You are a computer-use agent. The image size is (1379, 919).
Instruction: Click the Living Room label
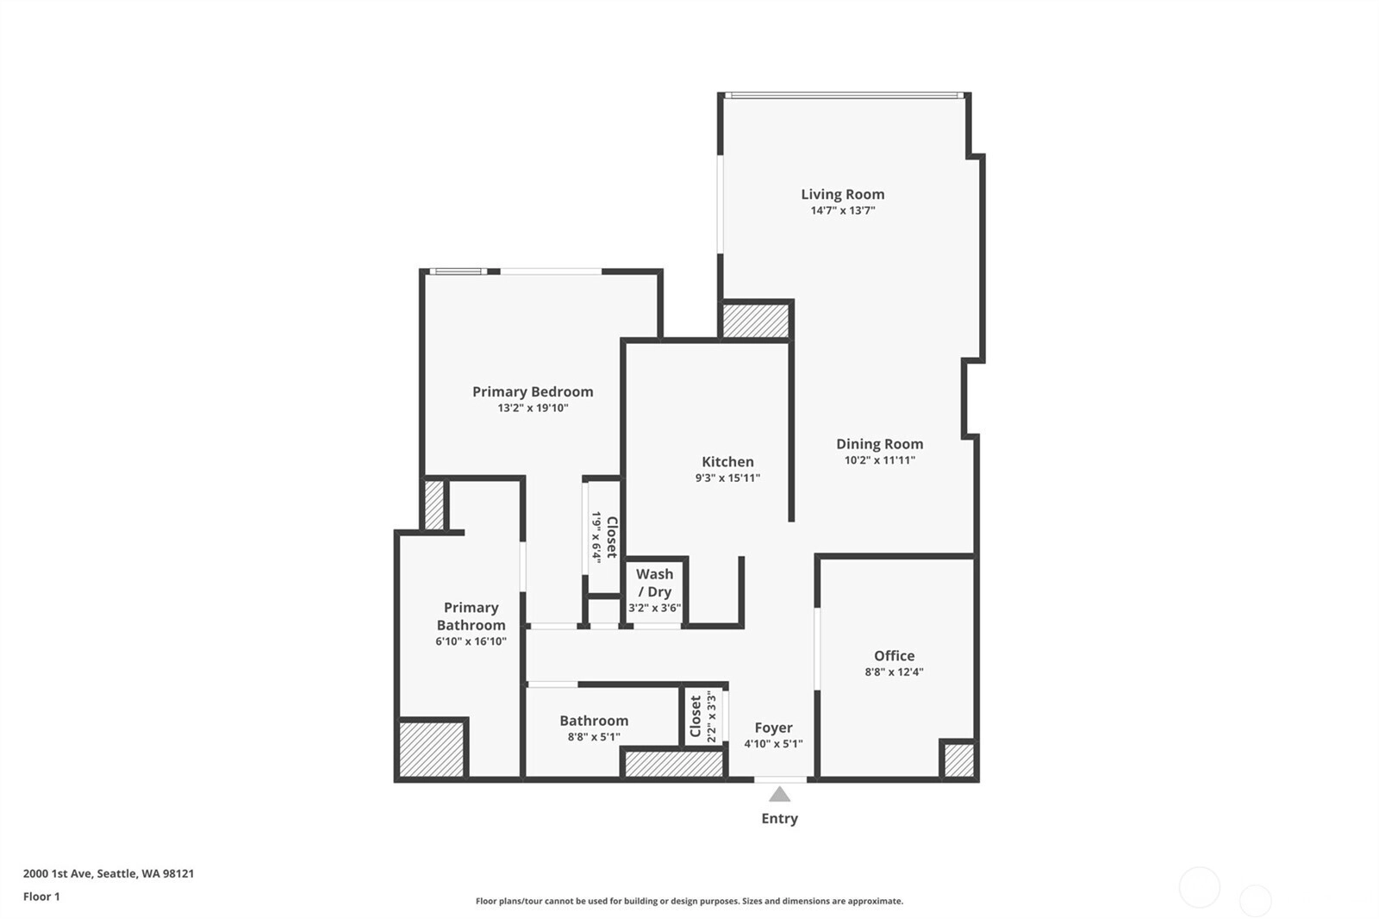pos(842,194)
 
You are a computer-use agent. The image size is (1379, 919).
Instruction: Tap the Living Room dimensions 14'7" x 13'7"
pos(842,210)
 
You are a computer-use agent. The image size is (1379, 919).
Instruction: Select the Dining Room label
pos(879,444)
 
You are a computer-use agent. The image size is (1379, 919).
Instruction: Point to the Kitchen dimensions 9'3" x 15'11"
pos(727,478)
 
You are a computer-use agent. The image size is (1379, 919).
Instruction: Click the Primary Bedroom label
pos(533,391)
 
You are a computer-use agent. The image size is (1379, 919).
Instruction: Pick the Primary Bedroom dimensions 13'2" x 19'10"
pos(533,408)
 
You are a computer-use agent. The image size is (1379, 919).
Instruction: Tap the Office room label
pos(894,655)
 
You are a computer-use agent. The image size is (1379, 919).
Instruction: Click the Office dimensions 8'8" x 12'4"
pos(894,672)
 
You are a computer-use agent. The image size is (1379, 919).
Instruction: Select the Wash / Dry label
pos(654,583)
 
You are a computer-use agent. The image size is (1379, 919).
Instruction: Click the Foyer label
pos(773,728)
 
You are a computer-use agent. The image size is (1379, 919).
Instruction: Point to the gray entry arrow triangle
pos(779,795)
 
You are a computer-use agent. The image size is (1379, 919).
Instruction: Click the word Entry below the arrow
pos(779,819)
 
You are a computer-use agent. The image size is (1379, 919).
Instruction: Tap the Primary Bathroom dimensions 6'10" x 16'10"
pos(471,641)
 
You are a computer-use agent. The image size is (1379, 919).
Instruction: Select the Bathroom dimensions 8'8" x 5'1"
pos(594,737)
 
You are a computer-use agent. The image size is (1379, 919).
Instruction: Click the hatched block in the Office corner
pos(959,760)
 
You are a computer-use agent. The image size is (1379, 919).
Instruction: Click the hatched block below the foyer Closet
pos(674,764)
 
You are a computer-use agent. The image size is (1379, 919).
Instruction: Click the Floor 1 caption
pos(42,897)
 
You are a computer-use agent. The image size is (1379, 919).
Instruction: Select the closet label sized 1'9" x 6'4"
pos(604,537)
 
